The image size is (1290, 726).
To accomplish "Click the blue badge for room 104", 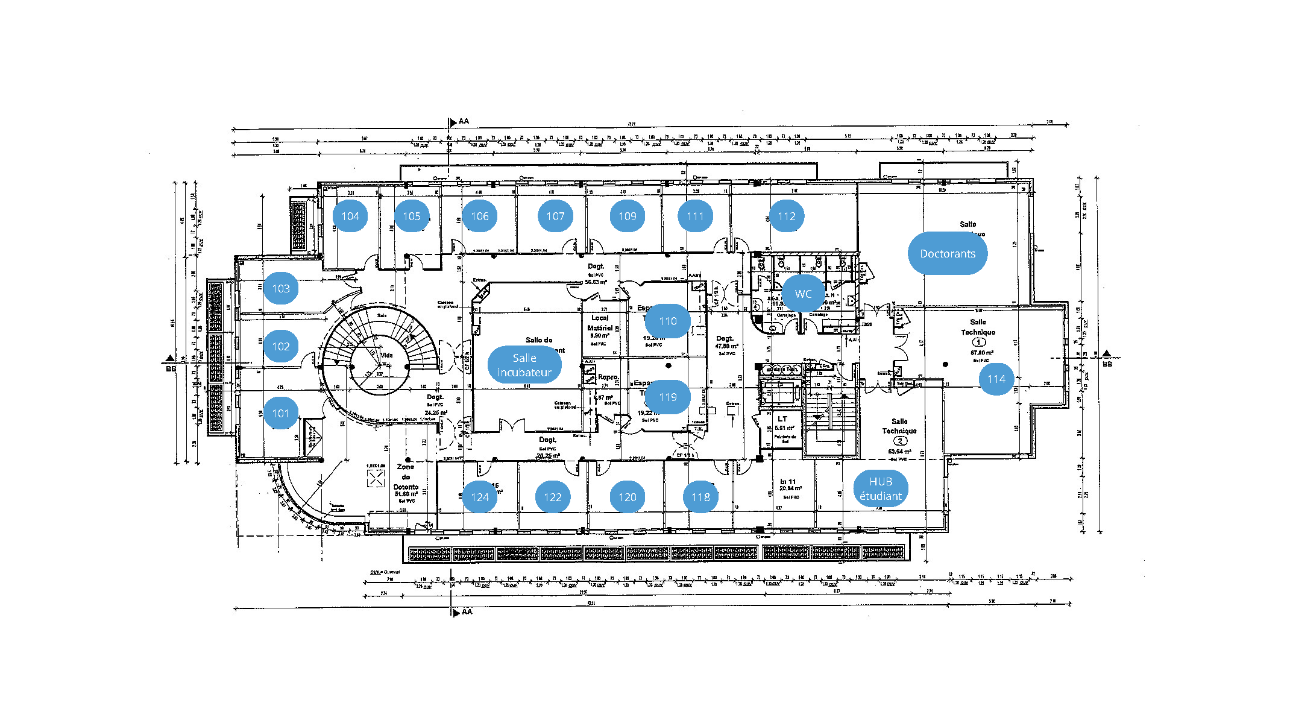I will (350, 216).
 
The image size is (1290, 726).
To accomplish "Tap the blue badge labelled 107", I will (555, 216).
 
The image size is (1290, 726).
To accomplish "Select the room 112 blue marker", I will (787, 216).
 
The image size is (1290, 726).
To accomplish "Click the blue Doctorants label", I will (947, 254).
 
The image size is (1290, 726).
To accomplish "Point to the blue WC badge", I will (803, 294).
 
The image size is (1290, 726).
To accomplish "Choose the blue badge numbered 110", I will (667, 321).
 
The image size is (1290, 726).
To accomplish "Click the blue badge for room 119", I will (667, 397).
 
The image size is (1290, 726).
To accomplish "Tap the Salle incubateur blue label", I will (524, 365).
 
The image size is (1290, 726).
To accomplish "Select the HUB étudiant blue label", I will (881, 489).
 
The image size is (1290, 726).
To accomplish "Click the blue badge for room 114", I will (996, 379).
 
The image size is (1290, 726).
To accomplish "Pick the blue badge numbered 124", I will (480, 497).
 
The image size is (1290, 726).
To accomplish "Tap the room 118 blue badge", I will (700, 497).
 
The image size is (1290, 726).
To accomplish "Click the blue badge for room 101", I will (281, 414).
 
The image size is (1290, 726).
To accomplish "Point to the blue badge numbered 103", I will (281, 289).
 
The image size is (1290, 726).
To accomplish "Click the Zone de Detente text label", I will (406, 477).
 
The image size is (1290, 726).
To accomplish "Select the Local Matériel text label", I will (600, 323).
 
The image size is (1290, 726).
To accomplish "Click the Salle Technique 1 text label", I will (978, 327).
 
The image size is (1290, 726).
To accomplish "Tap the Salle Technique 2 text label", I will (899, 426).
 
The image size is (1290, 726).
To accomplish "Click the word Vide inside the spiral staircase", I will (387, 355).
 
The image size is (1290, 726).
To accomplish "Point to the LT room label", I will (782, 418).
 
